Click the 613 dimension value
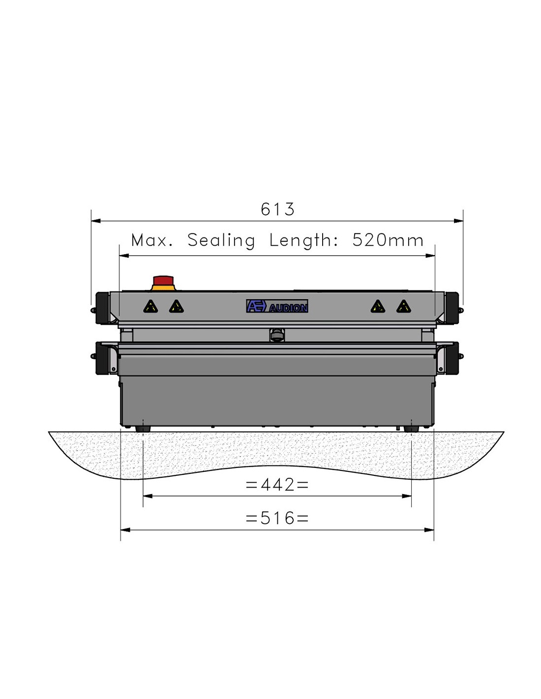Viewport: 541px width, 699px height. point(277,209)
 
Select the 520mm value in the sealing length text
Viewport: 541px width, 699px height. point(388,240)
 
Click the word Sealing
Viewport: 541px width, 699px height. point(221,241)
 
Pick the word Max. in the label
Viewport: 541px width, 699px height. point(152,240)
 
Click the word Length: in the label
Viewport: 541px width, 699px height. point(304,241)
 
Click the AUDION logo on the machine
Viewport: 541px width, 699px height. point(277,306)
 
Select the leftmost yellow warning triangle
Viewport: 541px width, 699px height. point(150,307)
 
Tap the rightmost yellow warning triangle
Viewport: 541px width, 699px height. point(404,307)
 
